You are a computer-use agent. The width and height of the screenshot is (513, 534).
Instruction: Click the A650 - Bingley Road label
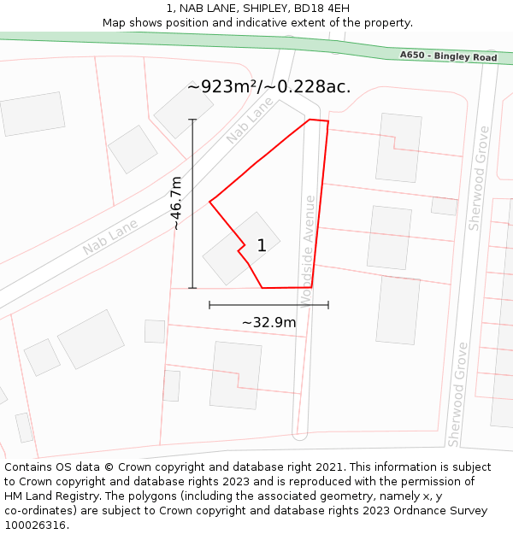point(448,56)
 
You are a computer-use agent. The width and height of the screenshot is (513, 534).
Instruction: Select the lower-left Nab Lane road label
point(110,237)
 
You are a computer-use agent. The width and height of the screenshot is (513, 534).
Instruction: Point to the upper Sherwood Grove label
point(480,178)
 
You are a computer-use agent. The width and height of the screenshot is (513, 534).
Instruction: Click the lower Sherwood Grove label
point(458,394)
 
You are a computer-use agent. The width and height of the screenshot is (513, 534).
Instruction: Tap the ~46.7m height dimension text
point(176,203)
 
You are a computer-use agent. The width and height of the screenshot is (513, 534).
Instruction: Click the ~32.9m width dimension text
point(268,322)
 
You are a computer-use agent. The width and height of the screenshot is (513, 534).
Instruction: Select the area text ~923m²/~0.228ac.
point(268,86)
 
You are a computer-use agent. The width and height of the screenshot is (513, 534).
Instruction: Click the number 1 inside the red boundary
point(262,246)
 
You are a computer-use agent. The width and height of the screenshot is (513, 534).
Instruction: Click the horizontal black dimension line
point(268,304)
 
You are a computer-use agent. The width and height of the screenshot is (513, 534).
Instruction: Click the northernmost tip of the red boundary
point(310,119)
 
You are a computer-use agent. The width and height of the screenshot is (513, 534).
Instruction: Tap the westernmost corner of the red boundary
point(209,202)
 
